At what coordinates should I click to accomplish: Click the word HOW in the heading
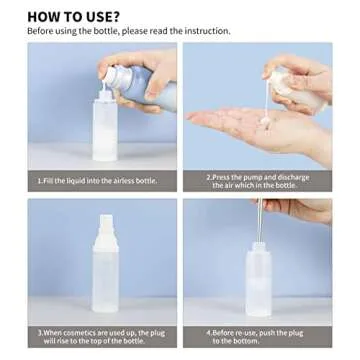coord(45,16)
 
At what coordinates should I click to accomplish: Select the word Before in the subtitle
coord(42,31)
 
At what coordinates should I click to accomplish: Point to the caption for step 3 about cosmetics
coord(101,333)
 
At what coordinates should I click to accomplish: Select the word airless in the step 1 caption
coord(125,181)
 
